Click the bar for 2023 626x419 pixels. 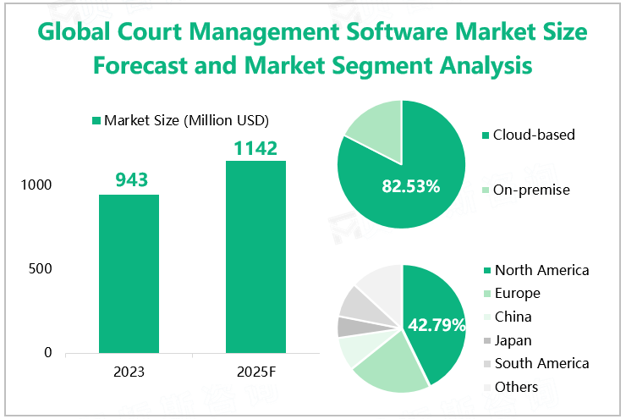[x=129, y=273]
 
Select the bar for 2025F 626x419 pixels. [x=255, y=256]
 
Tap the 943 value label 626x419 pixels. [x=129, y=179]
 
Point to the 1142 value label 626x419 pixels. [x=255, y=148]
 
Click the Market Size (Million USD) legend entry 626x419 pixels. [x=185, y=120]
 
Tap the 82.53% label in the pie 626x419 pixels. [x=411, y=186]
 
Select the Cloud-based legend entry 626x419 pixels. [x=533, y=135]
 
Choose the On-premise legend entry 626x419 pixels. [x=531, y=190]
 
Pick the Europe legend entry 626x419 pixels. [x=517, y=294]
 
